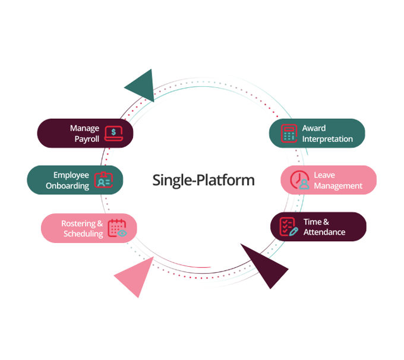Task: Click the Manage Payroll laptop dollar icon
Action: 113,133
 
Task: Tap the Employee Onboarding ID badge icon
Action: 103,180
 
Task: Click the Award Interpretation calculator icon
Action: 289,133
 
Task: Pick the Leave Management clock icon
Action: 299,180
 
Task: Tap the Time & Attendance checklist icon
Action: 289,227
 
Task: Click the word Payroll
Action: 87,139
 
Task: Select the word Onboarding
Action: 68,186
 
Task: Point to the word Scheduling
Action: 83,234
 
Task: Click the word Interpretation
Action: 327,139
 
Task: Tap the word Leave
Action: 324,175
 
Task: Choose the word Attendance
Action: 324,232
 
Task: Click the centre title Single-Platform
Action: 203,180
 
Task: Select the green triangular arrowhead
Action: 142,85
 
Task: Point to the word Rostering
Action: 82,224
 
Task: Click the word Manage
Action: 84,128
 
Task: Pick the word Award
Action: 314,128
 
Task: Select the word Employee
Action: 71,175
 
